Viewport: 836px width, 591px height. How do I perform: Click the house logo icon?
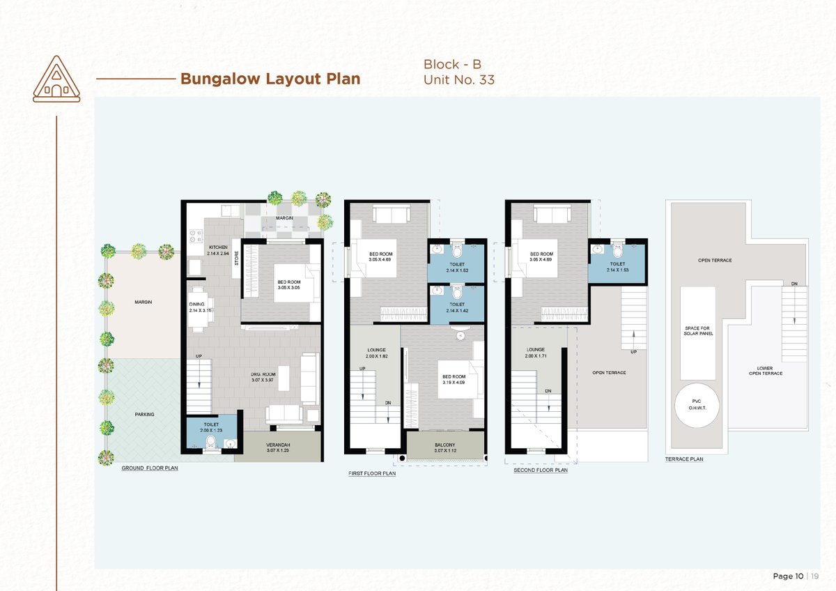[56, 79]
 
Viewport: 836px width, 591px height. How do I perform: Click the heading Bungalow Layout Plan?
[270, 79]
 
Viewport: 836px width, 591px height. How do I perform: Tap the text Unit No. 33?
[459, 79]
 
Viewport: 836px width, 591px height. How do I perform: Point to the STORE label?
[236, 258]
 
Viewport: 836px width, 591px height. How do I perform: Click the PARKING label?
[144, 415]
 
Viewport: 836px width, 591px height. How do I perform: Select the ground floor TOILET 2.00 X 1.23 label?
[211, 427]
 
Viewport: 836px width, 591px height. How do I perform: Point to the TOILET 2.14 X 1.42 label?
[457, 307]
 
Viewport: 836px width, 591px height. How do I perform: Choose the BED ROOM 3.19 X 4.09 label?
[454, 379]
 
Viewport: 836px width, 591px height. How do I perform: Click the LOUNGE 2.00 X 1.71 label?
[536, 353]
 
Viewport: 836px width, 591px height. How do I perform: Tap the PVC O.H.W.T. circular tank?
[697, 405]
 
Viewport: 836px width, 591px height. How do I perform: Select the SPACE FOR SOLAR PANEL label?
[698, 331]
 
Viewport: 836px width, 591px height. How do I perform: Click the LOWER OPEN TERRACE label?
[766, 371]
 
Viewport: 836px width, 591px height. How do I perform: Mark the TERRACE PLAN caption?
[684, 459]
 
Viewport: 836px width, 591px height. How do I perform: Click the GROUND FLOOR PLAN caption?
[150, 468]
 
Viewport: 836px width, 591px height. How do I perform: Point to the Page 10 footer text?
[788, 576]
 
